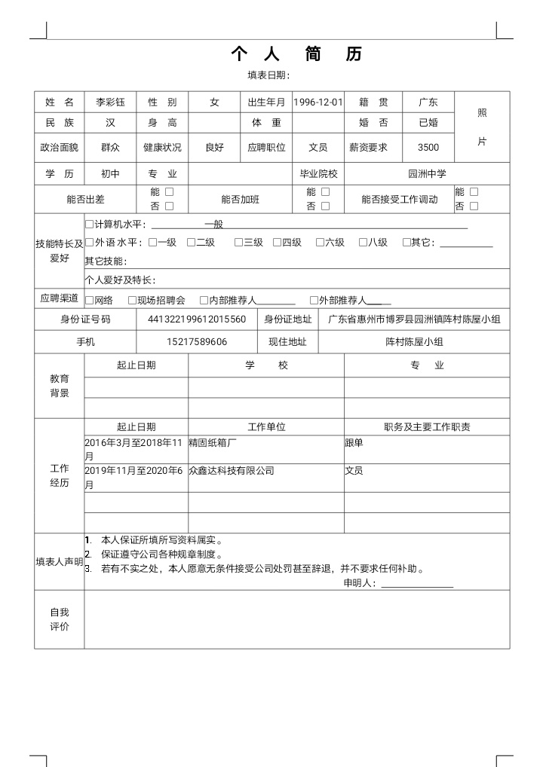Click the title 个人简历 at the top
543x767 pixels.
tap(296, 53)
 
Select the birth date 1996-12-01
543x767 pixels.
tap(318, 102)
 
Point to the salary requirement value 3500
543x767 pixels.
tap(428, 148)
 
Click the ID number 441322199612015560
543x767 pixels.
tap(197, 319)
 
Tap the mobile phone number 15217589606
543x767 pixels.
tap(197, 342)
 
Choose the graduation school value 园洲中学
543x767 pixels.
tap(427, 173)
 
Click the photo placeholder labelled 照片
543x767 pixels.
tap(482, 127)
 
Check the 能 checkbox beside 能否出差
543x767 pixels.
tap(169, 192)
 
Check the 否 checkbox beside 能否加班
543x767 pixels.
tap(325, 206)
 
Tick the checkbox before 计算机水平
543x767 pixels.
tap(89, 225)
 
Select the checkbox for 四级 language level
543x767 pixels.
tap(277, 243)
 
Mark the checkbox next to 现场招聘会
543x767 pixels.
tap(132, 300)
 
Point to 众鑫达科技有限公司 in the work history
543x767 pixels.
tap(232, 471)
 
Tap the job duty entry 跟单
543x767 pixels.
tap(354, 443)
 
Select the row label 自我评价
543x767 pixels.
tap(60, 619)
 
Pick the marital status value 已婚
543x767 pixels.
tap(428, 122)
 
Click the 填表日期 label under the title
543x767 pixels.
tap(268, 75)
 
